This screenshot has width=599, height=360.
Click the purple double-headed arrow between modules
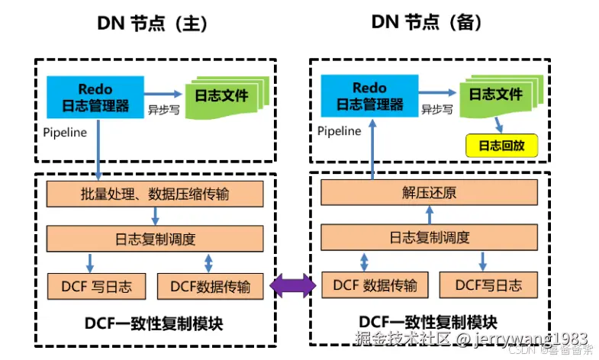click(292, 286)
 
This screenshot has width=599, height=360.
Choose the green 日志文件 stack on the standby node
click(496, 96)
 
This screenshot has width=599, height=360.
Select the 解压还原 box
click(430, 193)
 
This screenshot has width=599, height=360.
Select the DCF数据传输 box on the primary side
click(211, 287)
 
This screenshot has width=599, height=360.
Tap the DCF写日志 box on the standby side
click(488, 286)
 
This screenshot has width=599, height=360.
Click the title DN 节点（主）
click(152, 24)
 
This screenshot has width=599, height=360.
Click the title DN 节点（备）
click(427, 23)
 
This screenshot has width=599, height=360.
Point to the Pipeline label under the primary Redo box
click(65, 132)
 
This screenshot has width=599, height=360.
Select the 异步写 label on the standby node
click(437, 109)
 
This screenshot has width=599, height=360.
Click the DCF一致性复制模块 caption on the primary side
click(153, 323)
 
